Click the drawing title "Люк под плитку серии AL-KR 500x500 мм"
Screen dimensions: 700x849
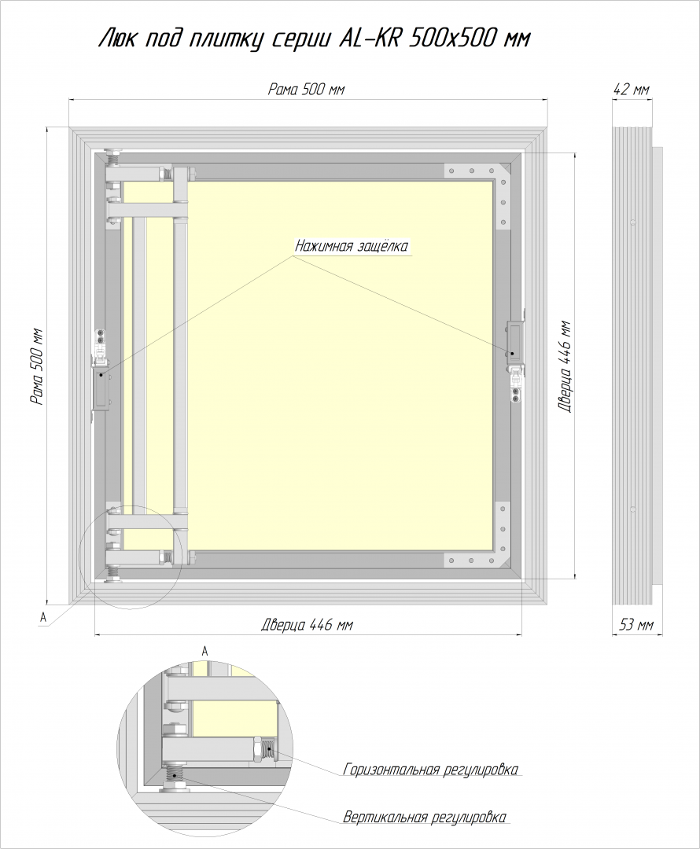pyautogui.click(x=314, y=39)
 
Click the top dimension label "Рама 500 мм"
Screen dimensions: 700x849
pyautogui.click(x=306, y=90)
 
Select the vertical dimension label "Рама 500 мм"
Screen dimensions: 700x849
pyautogui.click(x=37, y=366)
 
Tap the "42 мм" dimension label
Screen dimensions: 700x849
pyautogui.click(x=632, y=90)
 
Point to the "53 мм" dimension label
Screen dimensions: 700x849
pyautogui.click(x=636, y=625)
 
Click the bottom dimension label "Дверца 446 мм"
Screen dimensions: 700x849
pyautogui.click(x=308, y=625)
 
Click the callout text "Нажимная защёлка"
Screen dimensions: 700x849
pyautogui.click(x=351, y=246)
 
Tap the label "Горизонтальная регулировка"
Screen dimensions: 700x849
pyautogui.click(x=431, y=770)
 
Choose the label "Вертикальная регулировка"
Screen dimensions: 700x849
pyautogui.click(x=425, y=817)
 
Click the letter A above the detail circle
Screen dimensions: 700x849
pyautogui.click(x=204, y=652)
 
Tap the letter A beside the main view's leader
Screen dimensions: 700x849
pyautogui.click(x=42, y=617)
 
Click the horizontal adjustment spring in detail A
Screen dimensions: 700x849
pyautogui.click(x=266, y=752)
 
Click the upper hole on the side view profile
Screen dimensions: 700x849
pyautogui.click(x=633, y=222)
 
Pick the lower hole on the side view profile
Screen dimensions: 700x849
pyautogui.click(x=633, y=509)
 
